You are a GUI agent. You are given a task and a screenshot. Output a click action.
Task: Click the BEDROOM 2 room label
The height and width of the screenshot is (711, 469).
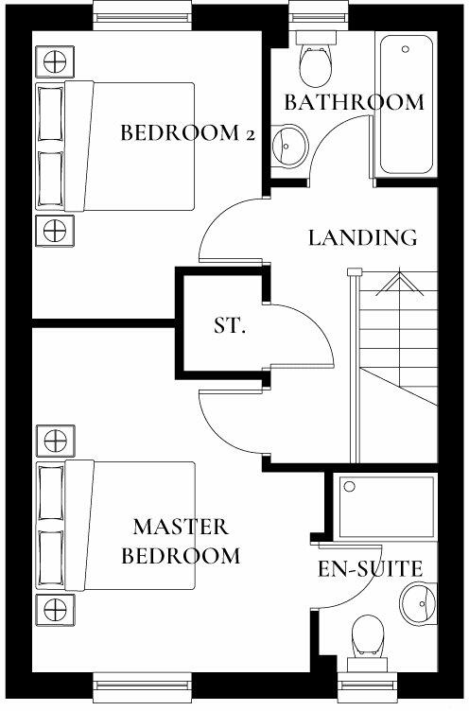point(188,133)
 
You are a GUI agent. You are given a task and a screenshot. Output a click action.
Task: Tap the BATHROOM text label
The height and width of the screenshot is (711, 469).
point(354,102)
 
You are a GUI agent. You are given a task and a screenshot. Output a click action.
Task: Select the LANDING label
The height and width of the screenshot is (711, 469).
point(363,237)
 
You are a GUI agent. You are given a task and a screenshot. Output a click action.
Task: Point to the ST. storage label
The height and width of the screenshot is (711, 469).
point(229,327)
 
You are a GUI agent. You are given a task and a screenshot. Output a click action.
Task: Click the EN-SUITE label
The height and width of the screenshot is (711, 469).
point(369,569)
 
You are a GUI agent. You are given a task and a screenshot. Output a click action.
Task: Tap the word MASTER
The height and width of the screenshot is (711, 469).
point(181,526)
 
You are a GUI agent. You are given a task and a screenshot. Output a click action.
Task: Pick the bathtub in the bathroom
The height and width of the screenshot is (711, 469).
point(407,103)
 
